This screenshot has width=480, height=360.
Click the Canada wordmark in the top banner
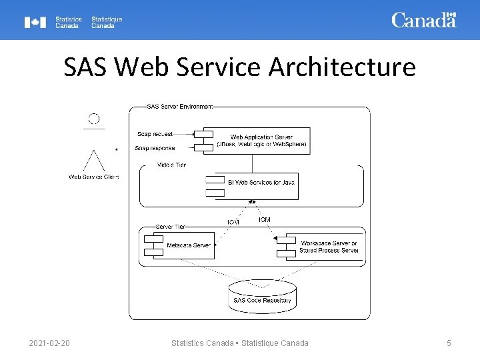(423, 20)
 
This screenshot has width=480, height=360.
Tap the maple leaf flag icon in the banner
(35, 23)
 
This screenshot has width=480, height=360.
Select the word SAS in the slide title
(86, 67)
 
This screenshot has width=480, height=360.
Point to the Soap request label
(155, 134)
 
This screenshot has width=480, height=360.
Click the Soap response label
(155, 148)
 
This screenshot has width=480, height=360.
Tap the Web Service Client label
(94, 177)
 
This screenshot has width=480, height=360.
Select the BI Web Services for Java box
(260, 182)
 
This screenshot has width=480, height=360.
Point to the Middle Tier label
(171, 165)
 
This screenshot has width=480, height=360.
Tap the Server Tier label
(171, 227)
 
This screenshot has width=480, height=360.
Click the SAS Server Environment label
(179, 106)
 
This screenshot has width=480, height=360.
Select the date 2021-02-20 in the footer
(49, 343)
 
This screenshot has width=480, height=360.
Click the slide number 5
(449, 343)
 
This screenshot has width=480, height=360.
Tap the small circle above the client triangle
(94, 119)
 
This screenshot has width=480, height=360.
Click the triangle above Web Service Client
(94, 161)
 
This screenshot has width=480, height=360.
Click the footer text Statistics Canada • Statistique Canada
(240, 343)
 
